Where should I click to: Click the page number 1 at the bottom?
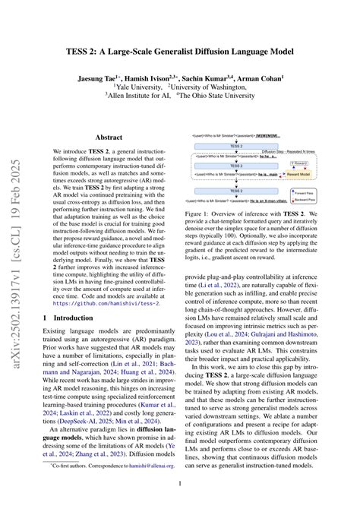[x=180, y=484]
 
